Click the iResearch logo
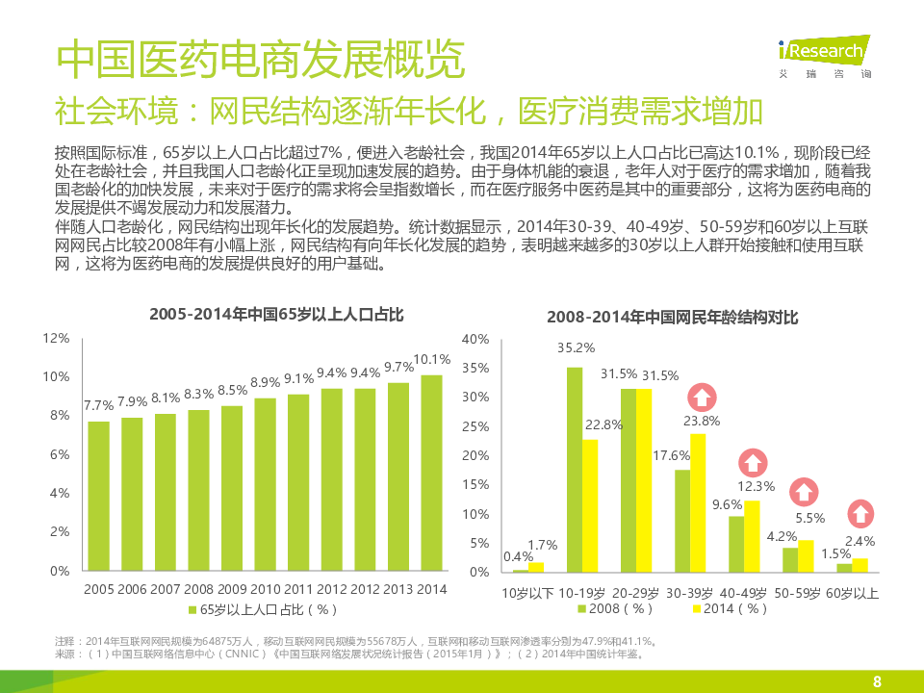[824, 54]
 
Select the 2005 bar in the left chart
[98, 496]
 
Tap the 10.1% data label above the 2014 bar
[432, 359]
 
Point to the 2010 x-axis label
[265, 589]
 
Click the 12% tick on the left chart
[57, 338]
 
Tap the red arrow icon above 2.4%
[861, 514]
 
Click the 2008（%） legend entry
[616, 608]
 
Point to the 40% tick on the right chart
[476, 339]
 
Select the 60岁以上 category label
[852, 593]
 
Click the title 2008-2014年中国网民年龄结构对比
[673, 317]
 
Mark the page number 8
[877, 681]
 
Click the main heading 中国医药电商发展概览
[260, 60]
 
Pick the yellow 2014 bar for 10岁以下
[536, 567]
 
